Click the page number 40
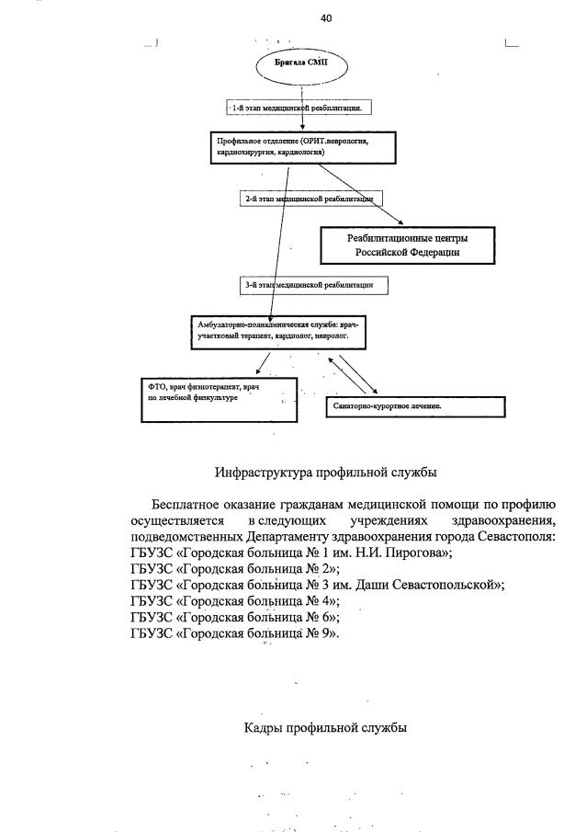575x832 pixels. [326, 18]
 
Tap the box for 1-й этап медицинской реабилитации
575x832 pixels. [301, 108]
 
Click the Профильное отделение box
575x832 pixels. [302, 147]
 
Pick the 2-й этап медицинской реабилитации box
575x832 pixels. [309, 198]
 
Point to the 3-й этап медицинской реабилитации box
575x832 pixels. [313, 286]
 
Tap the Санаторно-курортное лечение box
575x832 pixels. [414, 405]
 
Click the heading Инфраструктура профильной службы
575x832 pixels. [326, 473]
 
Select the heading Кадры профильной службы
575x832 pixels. [325, 728]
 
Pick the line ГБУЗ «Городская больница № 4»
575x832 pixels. [234, 601]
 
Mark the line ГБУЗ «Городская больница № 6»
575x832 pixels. [234, 618]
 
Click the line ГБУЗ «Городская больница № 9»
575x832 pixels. [234, 634]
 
